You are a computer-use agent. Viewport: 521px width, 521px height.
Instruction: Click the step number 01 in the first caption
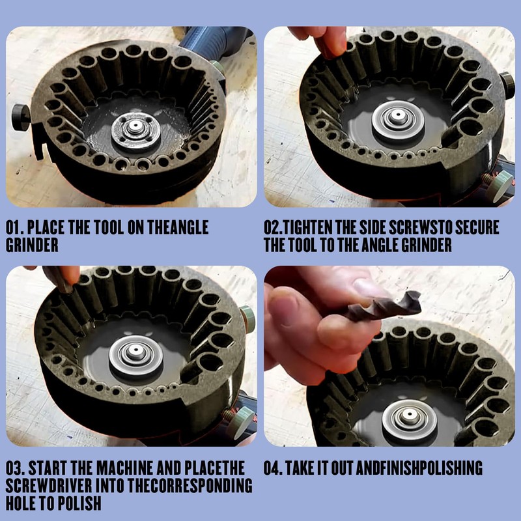14,227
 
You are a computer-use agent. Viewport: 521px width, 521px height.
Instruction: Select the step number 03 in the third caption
14,468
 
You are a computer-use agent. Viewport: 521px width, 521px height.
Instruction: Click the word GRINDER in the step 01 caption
32,246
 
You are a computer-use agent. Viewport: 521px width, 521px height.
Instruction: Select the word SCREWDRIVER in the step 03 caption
49,486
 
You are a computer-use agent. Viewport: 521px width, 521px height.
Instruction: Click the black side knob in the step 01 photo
21,117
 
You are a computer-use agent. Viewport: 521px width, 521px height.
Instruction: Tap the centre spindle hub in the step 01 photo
135,130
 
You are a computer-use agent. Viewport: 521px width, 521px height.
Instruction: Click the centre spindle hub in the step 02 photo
398,120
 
